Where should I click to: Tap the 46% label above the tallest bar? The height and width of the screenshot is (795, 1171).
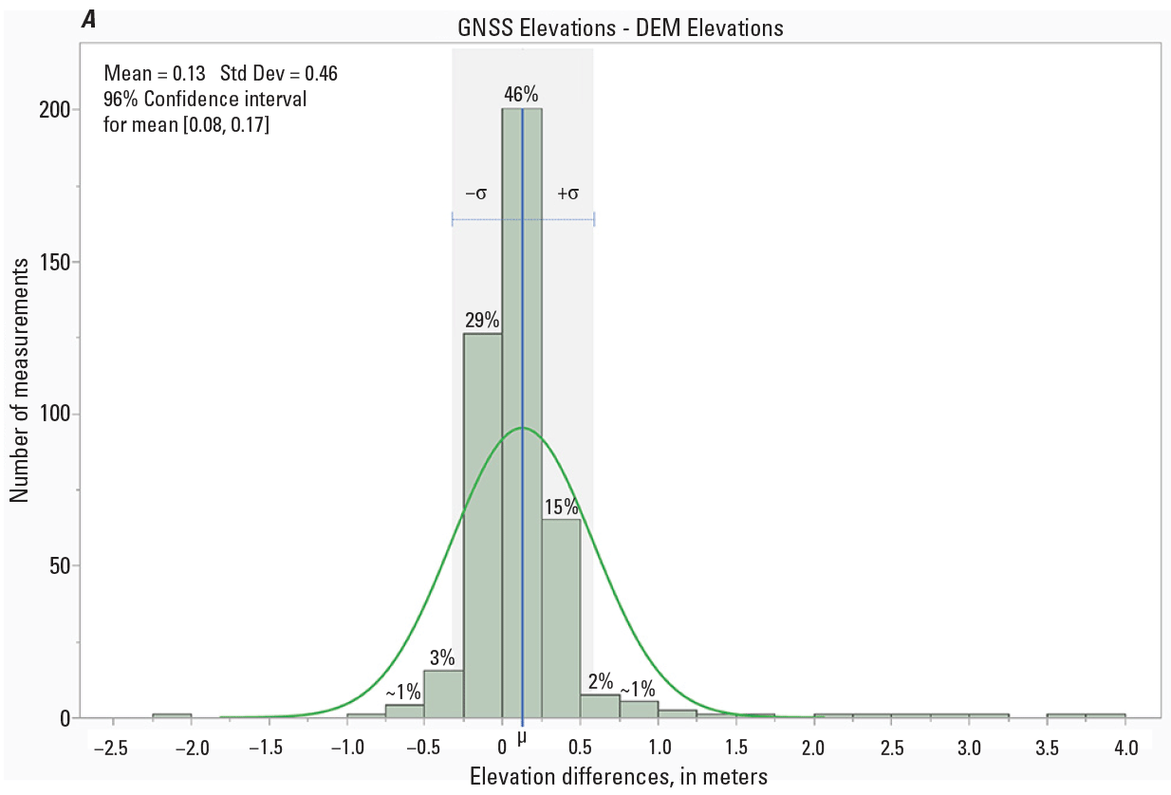pyautogui.click(x=522, y=94)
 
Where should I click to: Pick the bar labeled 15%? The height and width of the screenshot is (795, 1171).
pyautogui.click(x=561, y=618)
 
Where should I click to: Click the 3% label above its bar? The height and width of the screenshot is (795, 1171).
pyautogui.click(x=442, y=657)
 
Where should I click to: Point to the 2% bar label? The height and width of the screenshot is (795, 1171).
pyautogui.click(x=601, y=681)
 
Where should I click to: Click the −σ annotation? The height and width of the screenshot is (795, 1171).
pyautogui.click(x=475, y=194)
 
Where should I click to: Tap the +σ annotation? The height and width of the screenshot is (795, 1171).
pyautogui.click(x=568, y=194)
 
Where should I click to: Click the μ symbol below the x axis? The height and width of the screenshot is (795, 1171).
pyautogui.click(x=522, y=737)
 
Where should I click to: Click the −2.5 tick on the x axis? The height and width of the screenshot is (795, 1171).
pyautogui.click(x=110, y=748)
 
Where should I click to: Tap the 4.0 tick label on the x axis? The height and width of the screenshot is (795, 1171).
pyautogui.click(x=1126, y=748)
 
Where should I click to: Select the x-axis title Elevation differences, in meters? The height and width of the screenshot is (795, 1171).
pyautogui.click(x=619, y=777)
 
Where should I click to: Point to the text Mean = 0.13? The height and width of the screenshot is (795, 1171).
pyautogui.click(x=155, y=73)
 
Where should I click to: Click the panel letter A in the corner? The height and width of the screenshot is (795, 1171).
pyautogui.click(x=89, y=19)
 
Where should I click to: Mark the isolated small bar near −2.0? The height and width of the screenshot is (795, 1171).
pyautogui.click(x=172, y=715)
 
